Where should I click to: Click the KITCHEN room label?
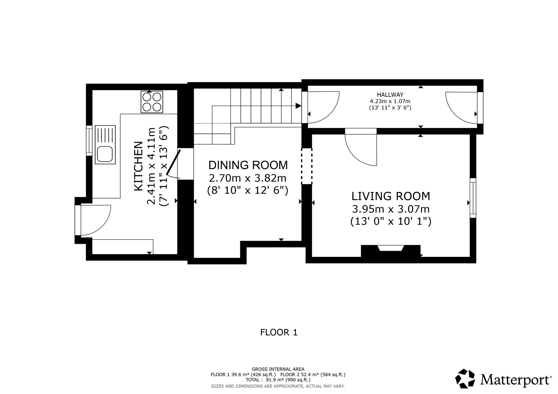click(x=139, y=166)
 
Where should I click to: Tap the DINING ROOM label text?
click(x=248, y=165)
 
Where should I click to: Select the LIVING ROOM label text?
click(x=391, y=196)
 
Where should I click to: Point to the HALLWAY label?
click(x=390, y=95)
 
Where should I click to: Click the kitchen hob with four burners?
click(x=152, y=102)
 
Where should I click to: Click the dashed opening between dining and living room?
click(x=307, y=166)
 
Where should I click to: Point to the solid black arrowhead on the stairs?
click(x=298, y=106)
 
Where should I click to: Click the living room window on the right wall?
click(x=473, y=198)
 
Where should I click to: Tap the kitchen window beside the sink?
click(x=89, y=140)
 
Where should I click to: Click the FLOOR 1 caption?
click(x=279, y=332)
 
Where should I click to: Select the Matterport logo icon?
click(x=465, y=378)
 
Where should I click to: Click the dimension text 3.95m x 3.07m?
click(x=391, y=209)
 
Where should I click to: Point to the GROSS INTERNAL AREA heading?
click(x=278, y=369)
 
